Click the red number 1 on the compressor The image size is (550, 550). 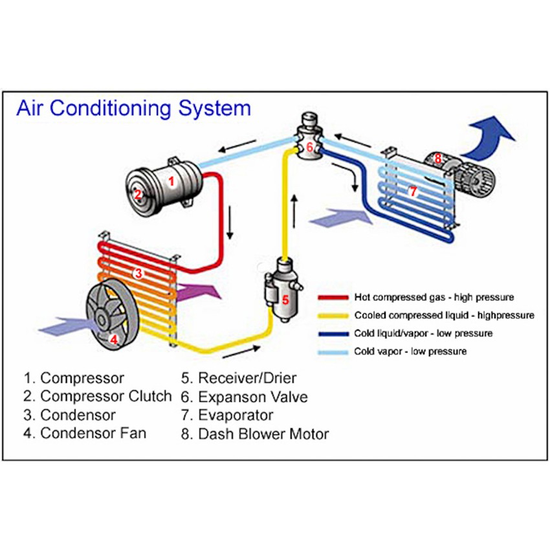[x=171, y=182]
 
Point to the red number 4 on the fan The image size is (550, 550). [x=114, y=338]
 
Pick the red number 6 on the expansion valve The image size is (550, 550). [x=310, y=147]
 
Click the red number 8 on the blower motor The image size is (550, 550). [x=438, y=157]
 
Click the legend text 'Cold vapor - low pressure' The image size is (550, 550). [x=410, y=352]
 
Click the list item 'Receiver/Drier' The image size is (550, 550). [x=239, y=377]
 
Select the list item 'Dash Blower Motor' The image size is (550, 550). [x=255, y=434]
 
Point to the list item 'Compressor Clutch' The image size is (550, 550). [x=98, y=396]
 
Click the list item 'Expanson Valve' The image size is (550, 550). [x=245, y=396]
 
